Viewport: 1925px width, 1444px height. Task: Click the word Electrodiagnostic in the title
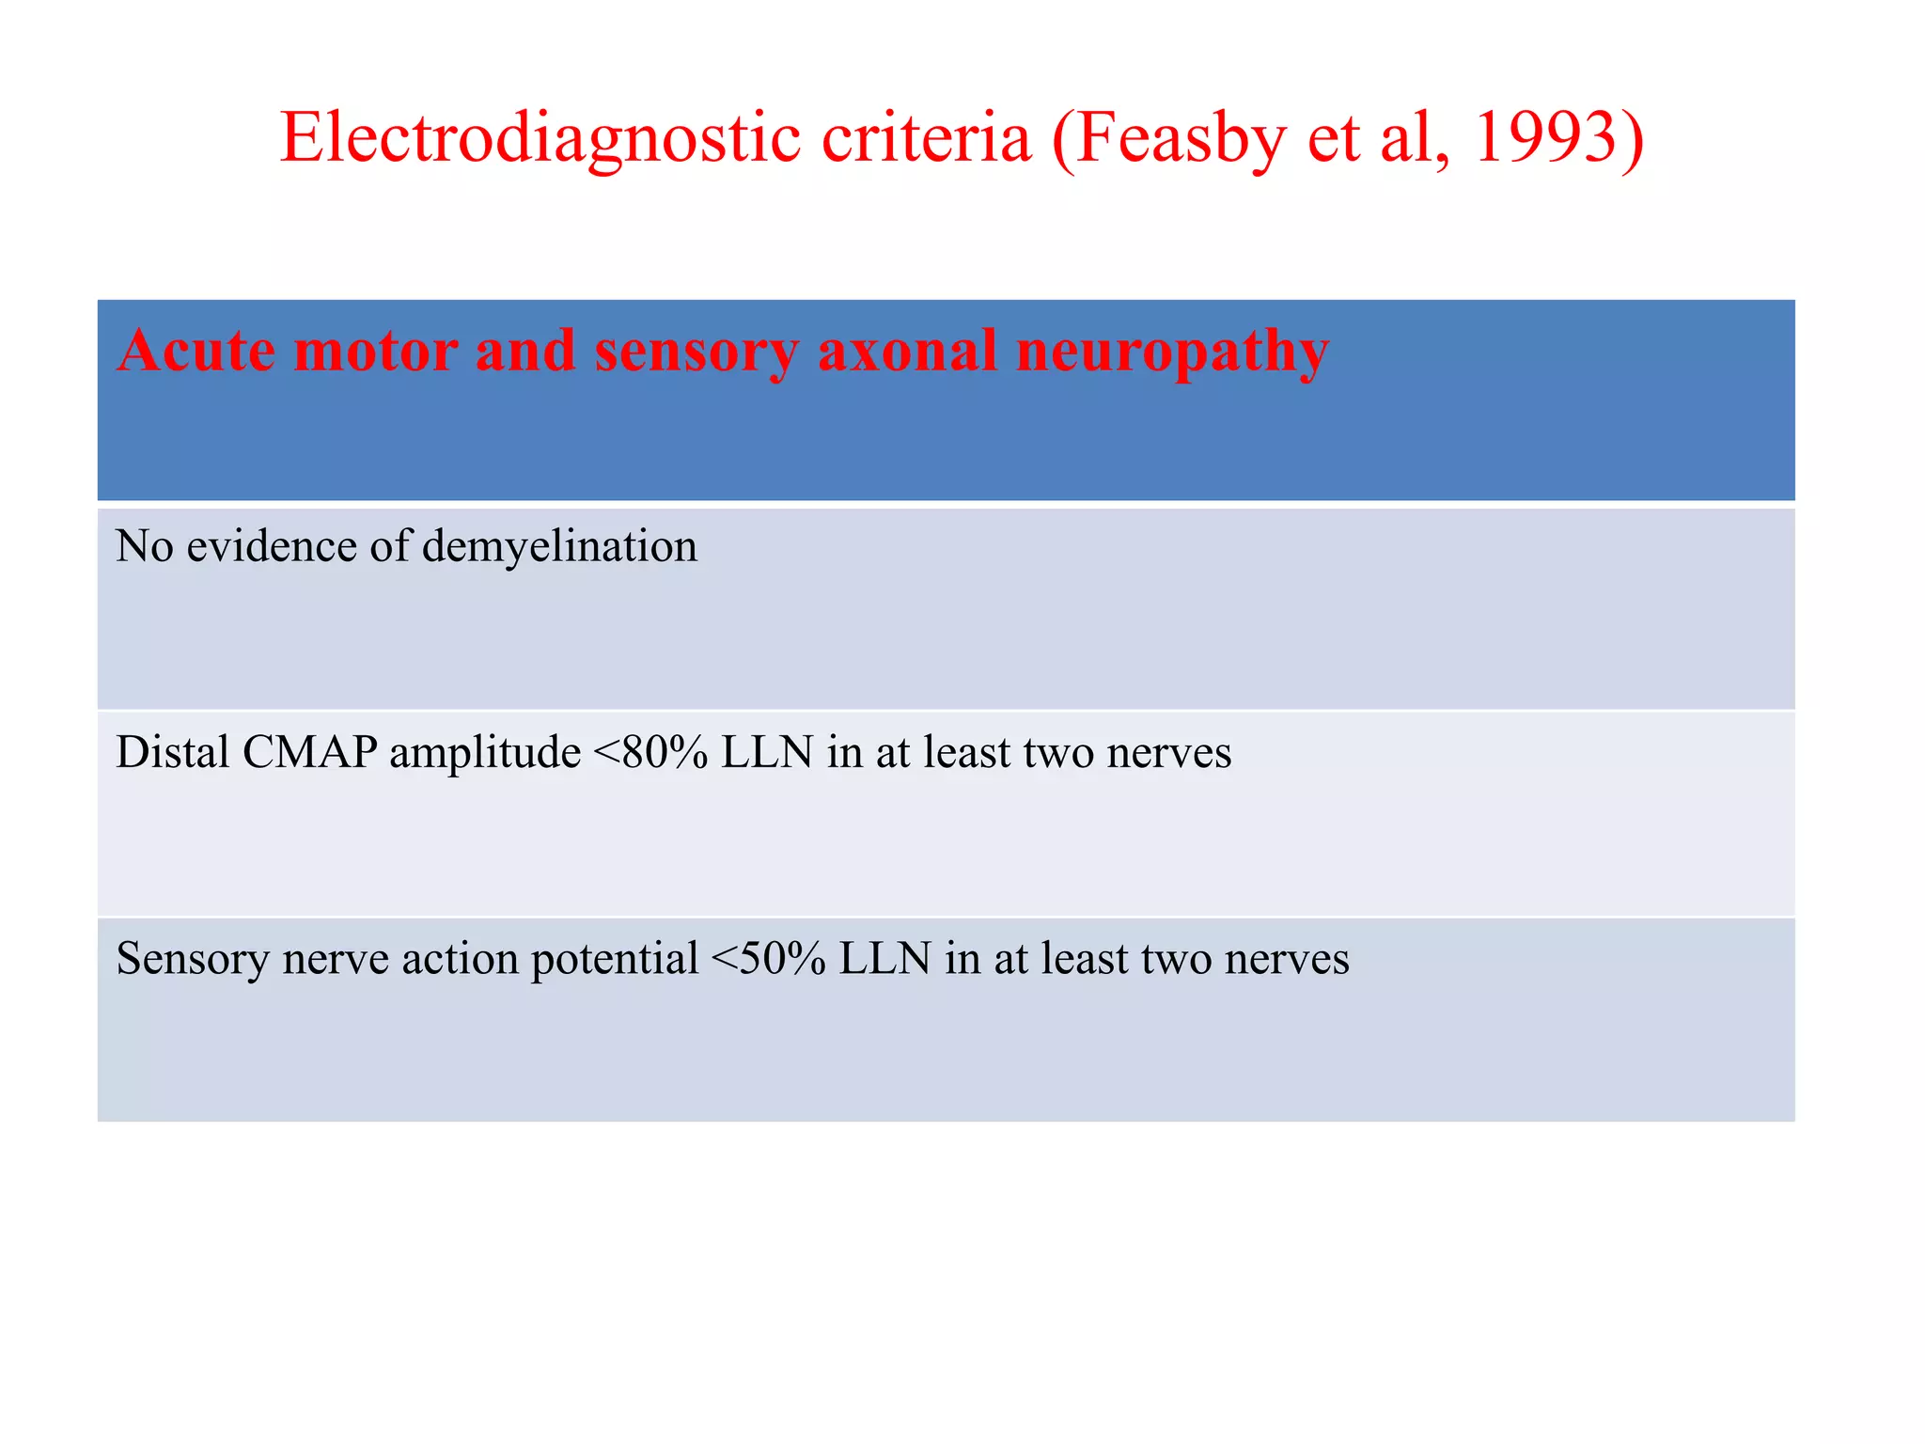pos(540,139)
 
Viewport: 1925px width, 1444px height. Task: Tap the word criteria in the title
pos(927,139)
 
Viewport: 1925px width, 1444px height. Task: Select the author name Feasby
pos(1180,139)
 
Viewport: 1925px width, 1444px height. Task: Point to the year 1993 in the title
pos(1546,139)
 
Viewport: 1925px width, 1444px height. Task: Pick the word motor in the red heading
pos(375,350)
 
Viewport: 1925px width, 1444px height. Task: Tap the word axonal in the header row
pos(907,350)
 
